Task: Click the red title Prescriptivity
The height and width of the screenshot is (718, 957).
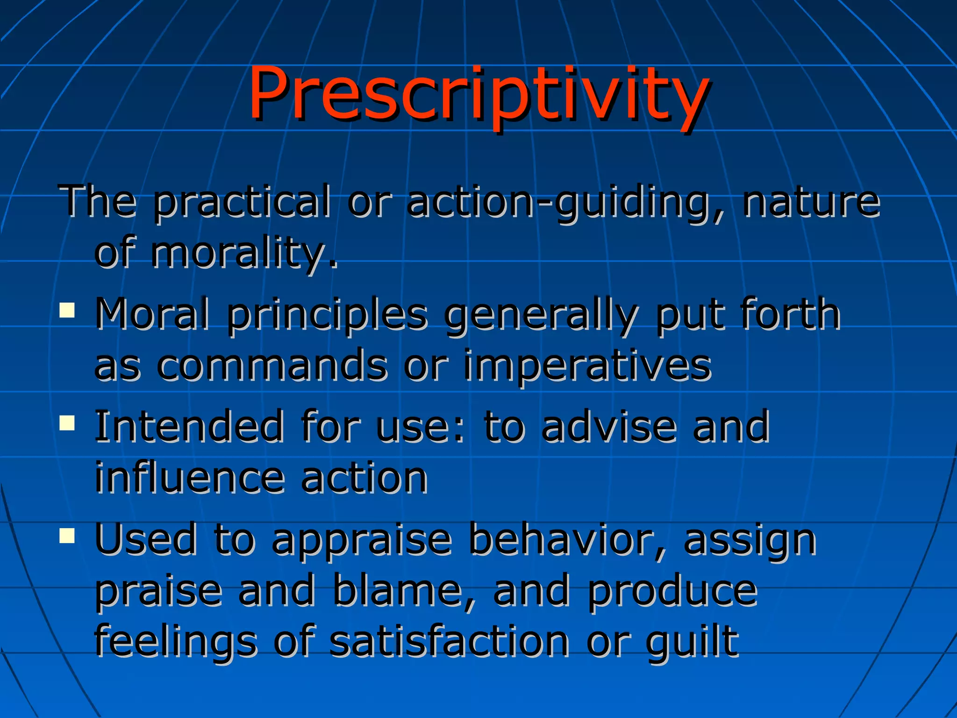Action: (x=478, y=93)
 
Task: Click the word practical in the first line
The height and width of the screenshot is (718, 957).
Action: (x=242, y=202)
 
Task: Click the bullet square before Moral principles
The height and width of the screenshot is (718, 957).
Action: (x=67, y=310)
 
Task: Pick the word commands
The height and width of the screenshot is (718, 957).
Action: (x=271, y=366)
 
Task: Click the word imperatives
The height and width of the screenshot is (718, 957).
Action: (x=587, y=366)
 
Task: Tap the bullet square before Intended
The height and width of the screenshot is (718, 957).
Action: (x=67, y=423)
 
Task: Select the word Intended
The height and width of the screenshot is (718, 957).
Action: (x=189, y=426)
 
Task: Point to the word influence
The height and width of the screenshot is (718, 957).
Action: (x=189, y=478)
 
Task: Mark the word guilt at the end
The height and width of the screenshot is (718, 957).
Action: (x=692, y=643)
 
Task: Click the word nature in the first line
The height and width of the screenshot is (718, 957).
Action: (x=812, y=202)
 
